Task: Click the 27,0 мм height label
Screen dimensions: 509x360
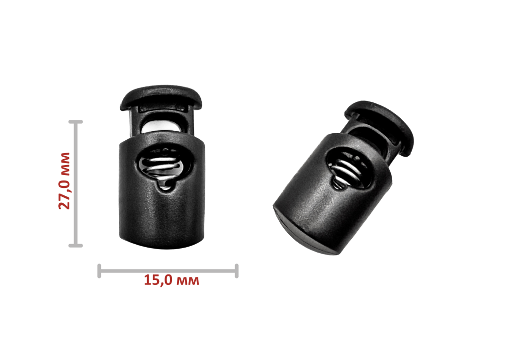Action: [x=64, y=181]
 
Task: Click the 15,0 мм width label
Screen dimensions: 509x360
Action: [x=171, y=280]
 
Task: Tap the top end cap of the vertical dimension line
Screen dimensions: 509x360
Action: [x=76, y=122]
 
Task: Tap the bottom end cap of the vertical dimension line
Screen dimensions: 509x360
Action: [x=76, y=246]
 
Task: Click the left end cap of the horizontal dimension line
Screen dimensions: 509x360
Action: [x=99, y=271]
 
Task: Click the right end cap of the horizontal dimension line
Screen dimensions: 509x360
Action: [x=237, y=271]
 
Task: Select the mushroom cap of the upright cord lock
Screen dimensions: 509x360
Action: [x=161, y=97]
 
